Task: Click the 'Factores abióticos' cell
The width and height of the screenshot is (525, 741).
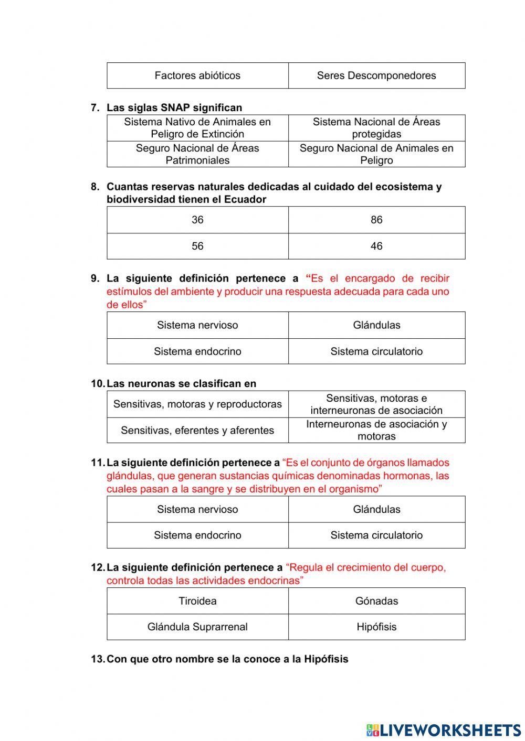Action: [197, 76]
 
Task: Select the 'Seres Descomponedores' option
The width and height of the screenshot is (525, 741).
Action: [376, 76]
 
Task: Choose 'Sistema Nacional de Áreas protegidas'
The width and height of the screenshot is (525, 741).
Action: [376, 128]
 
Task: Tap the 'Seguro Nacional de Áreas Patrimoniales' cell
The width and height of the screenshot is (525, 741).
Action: [197, 154]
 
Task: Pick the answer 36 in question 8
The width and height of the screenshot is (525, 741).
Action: [197, 220]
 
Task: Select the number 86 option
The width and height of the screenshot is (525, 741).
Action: [376, 220]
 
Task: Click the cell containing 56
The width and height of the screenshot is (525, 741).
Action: [197, 246]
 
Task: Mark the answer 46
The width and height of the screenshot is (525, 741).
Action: [376, 246]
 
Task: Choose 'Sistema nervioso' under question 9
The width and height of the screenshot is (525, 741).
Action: [197, 325]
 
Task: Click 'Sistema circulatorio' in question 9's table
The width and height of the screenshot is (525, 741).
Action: [376, 351]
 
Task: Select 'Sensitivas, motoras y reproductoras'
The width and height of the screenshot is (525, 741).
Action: [197, 404]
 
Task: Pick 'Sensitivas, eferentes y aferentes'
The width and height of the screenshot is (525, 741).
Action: [197, 431]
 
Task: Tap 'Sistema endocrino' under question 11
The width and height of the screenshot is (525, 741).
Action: [197, 535]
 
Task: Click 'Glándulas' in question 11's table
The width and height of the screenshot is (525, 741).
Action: [376, 509]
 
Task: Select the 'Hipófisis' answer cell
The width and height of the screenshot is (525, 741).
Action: [376, 627]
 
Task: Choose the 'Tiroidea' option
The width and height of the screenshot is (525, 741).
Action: [197, 601]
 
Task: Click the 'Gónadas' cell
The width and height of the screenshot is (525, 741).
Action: [376, 601]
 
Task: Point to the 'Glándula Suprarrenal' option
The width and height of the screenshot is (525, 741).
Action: [197, 627]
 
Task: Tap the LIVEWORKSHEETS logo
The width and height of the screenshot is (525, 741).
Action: [444, 730]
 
